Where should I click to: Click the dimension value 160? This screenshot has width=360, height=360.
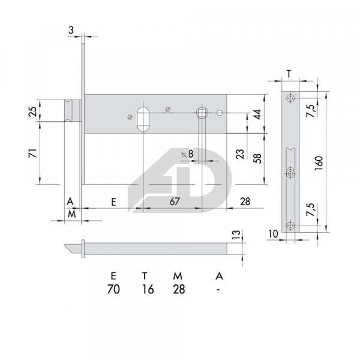(x=319, y=161)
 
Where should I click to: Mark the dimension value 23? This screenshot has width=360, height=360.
(x=240, y=154)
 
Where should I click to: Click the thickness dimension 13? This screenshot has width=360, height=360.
(x=235, y=233)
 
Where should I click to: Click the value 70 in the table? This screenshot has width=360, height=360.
(x=113, y=289)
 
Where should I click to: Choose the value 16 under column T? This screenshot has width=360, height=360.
(x=148, y=289)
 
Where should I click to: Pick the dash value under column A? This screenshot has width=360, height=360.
(x=219, y=289)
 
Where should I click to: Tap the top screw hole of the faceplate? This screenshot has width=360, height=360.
(x=291, y=98)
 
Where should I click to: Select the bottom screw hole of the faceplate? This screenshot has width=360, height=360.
(x=291, y=226)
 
